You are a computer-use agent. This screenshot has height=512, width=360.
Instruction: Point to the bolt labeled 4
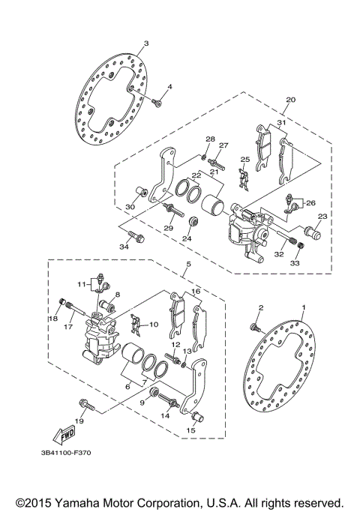click(158, 101)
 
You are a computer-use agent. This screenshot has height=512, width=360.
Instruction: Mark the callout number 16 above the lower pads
click(195, 291)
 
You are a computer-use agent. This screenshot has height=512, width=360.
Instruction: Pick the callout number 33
click(294, 264)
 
